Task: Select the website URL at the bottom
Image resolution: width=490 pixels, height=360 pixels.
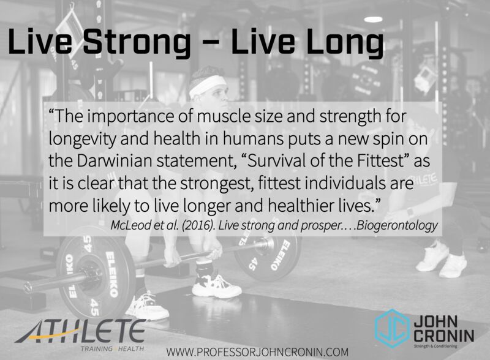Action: (x=257, y=351)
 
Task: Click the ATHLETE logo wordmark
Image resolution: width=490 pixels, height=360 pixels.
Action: (x=80, y=331)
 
